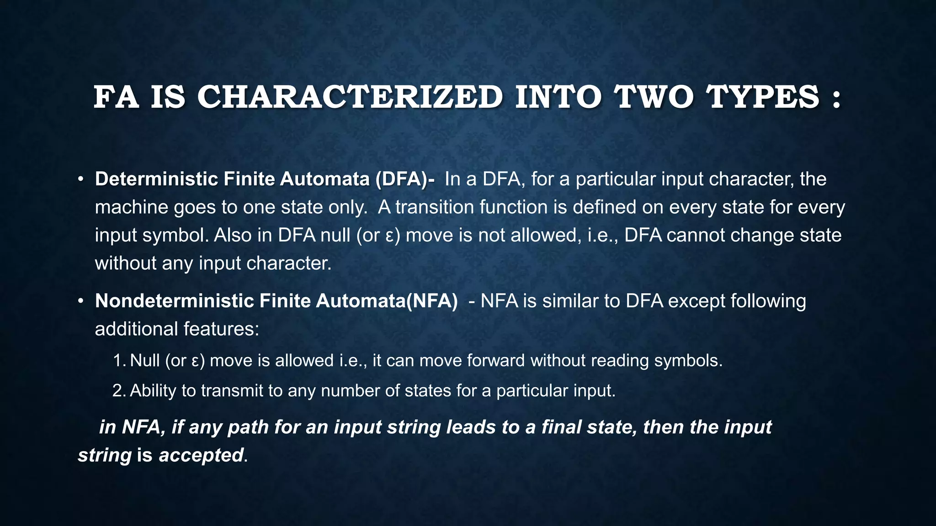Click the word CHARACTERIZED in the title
[x=350, y=97]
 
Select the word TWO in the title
[x=654, y=97]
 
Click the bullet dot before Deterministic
[x=80, y=179]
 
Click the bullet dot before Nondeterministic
[x=80, y=301]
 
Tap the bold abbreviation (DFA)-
[x=405, y=179]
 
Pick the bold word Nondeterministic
[x=174, y=301]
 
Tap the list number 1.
[x=119, y=361]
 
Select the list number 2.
[x=119, y=391]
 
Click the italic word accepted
[x=201, y=455]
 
